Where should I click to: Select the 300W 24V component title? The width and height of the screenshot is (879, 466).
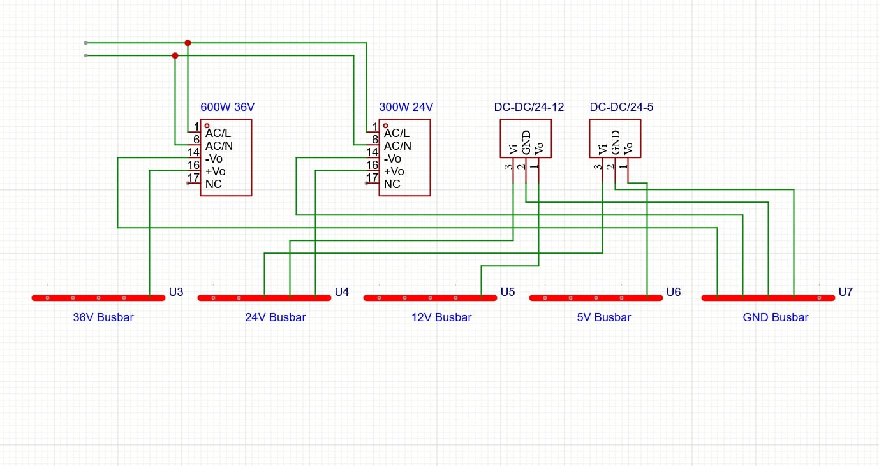pos(406,107)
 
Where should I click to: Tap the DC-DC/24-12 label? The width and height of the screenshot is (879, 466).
pos(529,107)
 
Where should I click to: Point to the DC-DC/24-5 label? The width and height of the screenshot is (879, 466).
pos(621,107)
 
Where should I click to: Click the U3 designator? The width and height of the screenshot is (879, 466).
pos(176,292)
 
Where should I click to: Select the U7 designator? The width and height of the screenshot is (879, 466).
pos(846,292)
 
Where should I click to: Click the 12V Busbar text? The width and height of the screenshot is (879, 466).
pos(441,317)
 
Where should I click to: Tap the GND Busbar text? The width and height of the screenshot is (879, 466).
pos(775,317)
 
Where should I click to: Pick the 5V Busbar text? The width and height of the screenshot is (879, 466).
pos(603,317)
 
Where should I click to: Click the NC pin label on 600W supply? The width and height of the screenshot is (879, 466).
pos(214,184)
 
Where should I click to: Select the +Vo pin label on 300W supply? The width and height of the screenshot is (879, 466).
pos(394,171)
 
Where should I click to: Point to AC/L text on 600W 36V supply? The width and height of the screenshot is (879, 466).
pos(218,133)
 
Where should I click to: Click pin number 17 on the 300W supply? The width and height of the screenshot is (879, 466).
pos(373,178)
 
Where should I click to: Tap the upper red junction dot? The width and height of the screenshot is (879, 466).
pos(188,43)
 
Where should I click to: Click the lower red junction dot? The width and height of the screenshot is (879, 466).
pos(175,55)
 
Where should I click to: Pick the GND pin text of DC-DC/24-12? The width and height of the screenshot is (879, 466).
pos(526,142)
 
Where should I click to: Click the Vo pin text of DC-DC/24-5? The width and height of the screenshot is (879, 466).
pos(628,149)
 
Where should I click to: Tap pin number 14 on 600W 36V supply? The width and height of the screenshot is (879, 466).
pos(194,152)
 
